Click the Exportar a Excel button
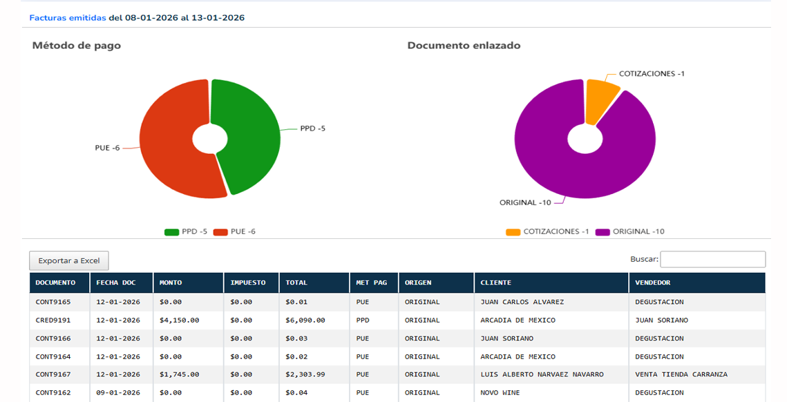[x=69, y=260]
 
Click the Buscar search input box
[x=712, y=259]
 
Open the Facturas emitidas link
[x=68, y=17]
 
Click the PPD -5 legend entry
[x=186, y=231]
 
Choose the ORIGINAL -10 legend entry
[x=629, y=231]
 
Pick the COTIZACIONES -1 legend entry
[x=547, y=231]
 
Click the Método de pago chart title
[x=77, y=46]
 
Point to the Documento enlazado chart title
[x=464, y=46]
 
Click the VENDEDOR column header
[x=653, y=283]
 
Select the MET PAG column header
[x=372, y=283]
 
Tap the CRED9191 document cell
[x=54, y=320]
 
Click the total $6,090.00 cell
[x=305, y=320]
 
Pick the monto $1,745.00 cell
[x=179, y=374]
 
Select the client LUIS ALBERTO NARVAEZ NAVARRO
[x=542, y=374]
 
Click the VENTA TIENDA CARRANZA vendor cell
[x=681, y=374]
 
